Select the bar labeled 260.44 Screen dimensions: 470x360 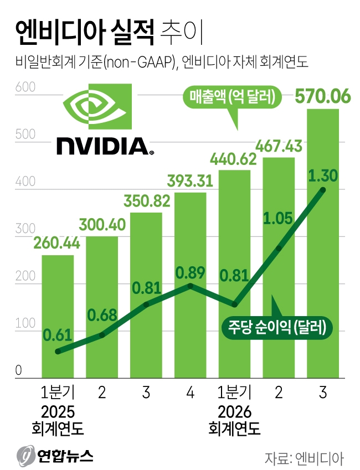(x=58, y=310)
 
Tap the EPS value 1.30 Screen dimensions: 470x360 (x=323, y=176)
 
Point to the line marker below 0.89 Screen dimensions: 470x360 (x=190, y=286)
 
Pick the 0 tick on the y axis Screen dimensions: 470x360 (x=19, y=371)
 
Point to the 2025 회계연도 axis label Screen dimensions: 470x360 (x=58, y=420)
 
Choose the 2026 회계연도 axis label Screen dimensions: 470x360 (x=234, y=420)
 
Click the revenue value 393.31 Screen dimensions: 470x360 (x=190, y=182)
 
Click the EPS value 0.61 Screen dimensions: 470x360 (x=58, y=335)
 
